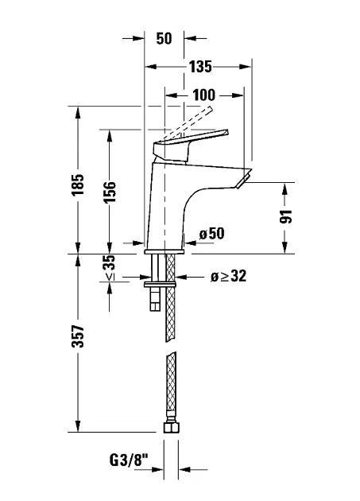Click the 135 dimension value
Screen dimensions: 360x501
(200, 67)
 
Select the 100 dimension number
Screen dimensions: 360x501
(204, 95)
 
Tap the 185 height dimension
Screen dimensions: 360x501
(78, 184)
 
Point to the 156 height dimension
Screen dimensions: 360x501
(109, 192)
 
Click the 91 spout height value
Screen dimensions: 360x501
(286, 216)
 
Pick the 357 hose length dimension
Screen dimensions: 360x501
(78, 336)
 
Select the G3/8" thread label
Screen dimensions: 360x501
(129, 460)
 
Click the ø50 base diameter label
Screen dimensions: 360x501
(211, 234)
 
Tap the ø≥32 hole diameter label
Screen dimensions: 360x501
(229, 276)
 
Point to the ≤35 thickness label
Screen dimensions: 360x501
(110, 268)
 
